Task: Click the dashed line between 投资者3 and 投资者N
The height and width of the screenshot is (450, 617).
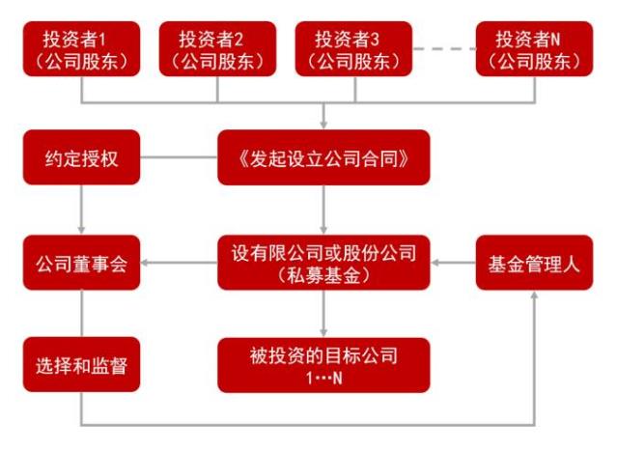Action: point(444,47)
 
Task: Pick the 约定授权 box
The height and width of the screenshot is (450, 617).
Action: point(81,157)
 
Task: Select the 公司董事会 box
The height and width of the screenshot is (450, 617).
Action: point(81,261)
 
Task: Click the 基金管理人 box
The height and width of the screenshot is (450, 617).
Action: point(534,261)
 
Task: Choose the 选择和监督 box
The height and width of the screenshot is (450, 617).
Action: point(81,364)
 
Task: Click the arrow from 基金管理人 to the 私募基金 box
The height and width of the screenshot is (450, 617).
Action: point(454,261)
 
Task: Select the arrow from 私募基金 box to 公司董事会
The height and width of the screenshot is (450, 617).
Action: point(180,261)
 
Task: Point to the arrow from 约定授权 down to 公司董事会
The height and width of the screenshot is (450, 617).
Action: point(81,209)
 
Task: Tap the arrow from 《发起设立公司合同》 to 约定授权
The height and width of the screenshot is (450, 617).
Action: point(180,157)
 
